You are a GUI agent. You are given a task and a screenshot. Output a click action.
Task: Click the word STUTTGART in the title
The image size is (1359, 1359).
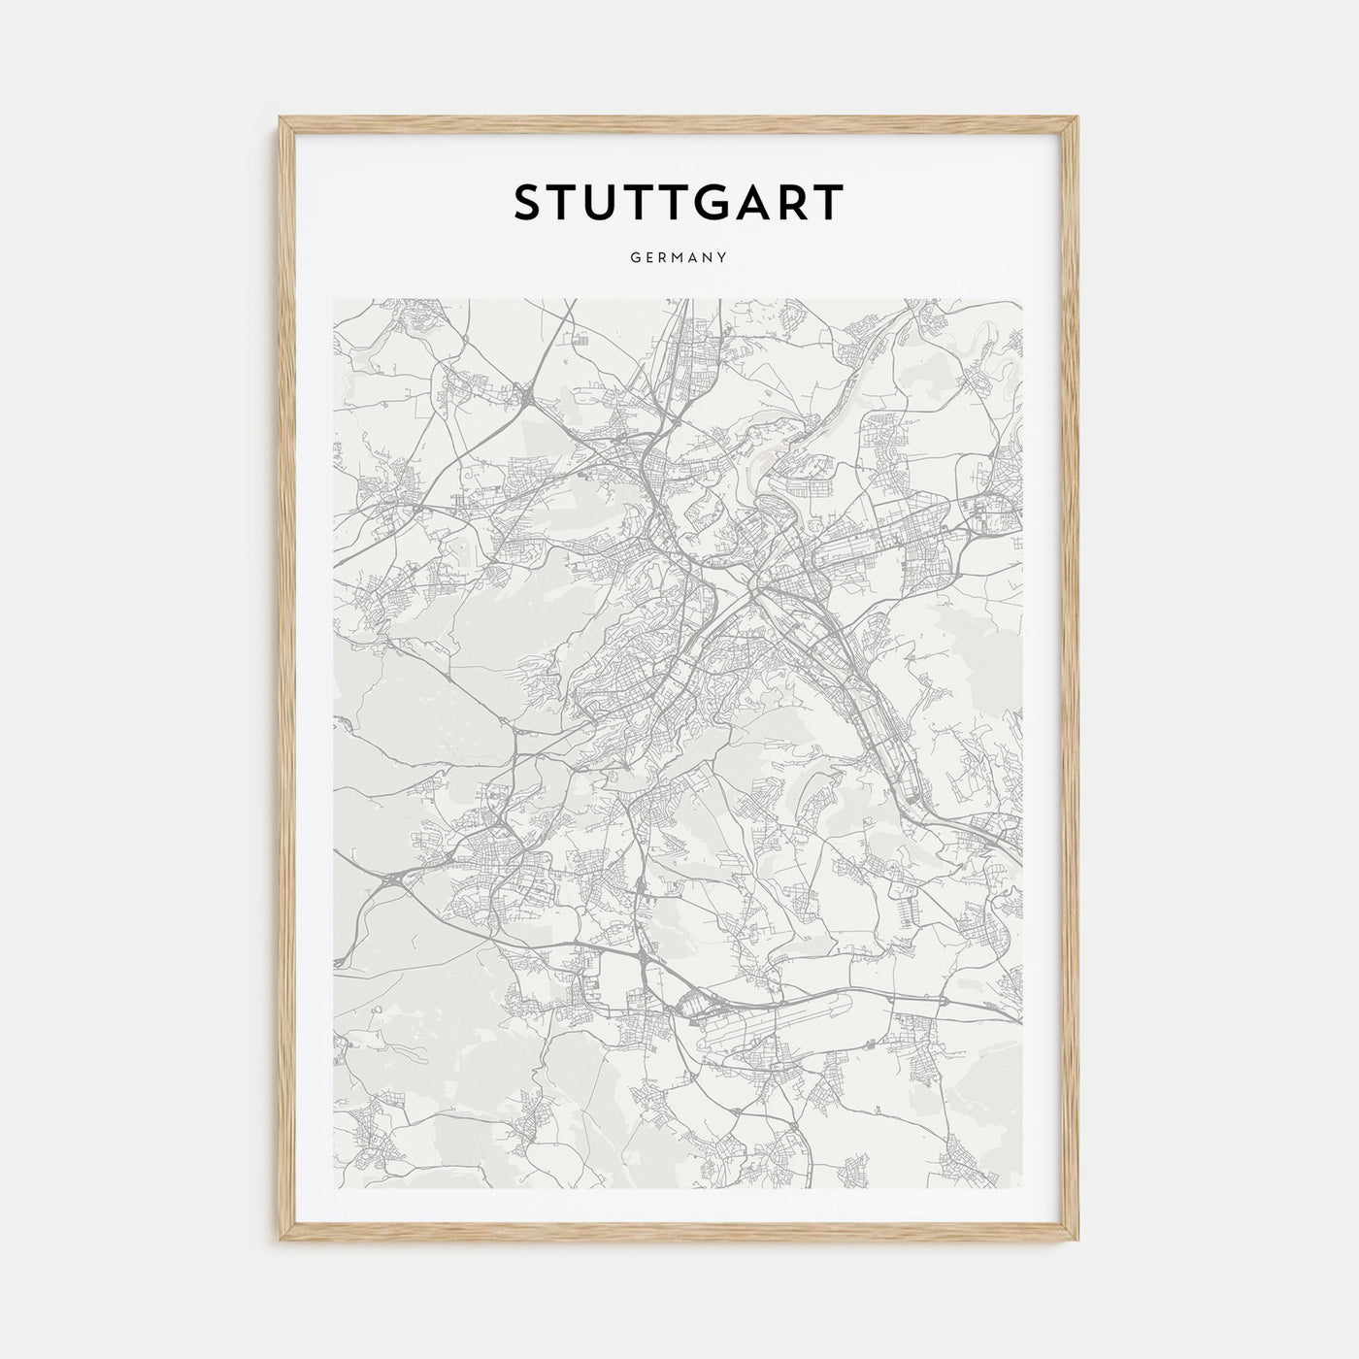point(679,202)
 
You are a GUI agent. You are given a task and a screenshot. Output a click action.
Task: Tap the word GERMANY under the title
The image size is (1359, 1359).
point(679,258)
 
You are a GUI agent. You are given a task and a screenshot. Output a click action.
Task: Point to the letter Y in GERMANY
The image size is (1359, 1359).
point(723,258)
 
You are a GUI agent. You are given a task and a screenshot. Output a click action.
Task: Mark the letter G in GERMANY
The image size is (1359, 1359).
point(634,258)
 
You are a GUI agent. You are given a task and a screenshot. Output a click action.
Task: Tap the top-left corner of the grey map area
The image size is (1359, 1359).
point(334,299)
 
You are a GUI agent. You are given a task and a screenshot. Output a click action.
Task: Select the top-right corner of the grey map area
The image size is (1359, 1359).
point(1022,299)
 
